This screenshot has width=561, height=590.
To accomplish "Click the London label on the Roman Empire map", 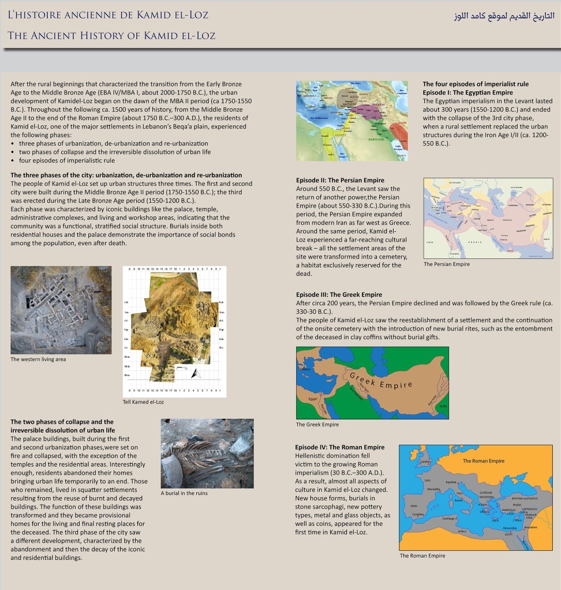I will tap(426, 461).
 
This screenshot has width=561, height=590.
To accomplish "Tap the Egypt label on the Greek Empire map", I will tap(313, 399).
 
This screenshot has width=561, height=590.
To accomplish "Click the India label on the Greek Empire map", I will tap(443, 406).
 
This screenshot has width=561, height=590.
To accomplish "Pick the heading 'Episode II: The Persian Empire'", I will tap(340, 181).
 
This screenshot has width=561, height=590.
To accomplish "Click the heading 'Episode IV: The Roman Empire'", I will tap(340, 447).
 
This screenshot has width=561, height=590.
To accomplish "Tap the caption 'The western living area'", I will tap(38, 359).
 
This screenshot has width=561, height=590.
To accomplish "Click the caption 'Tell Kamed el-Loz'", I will tap(143, 402).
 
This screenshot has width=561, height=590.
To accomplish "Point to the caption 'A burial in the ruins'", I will tap(184, 493).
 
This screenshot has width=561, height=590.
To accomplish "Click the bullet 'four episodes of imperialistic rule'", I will tap(67, 160).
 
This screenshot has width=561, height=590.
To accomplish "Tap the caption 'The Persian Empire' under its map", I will tap(447, 264).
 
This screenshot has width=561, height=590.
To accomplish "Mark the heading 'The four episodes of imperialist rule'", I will tap(480, 84).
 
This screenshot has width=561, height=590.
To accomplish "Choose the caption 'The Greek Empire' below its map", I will tap(317, 424).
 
